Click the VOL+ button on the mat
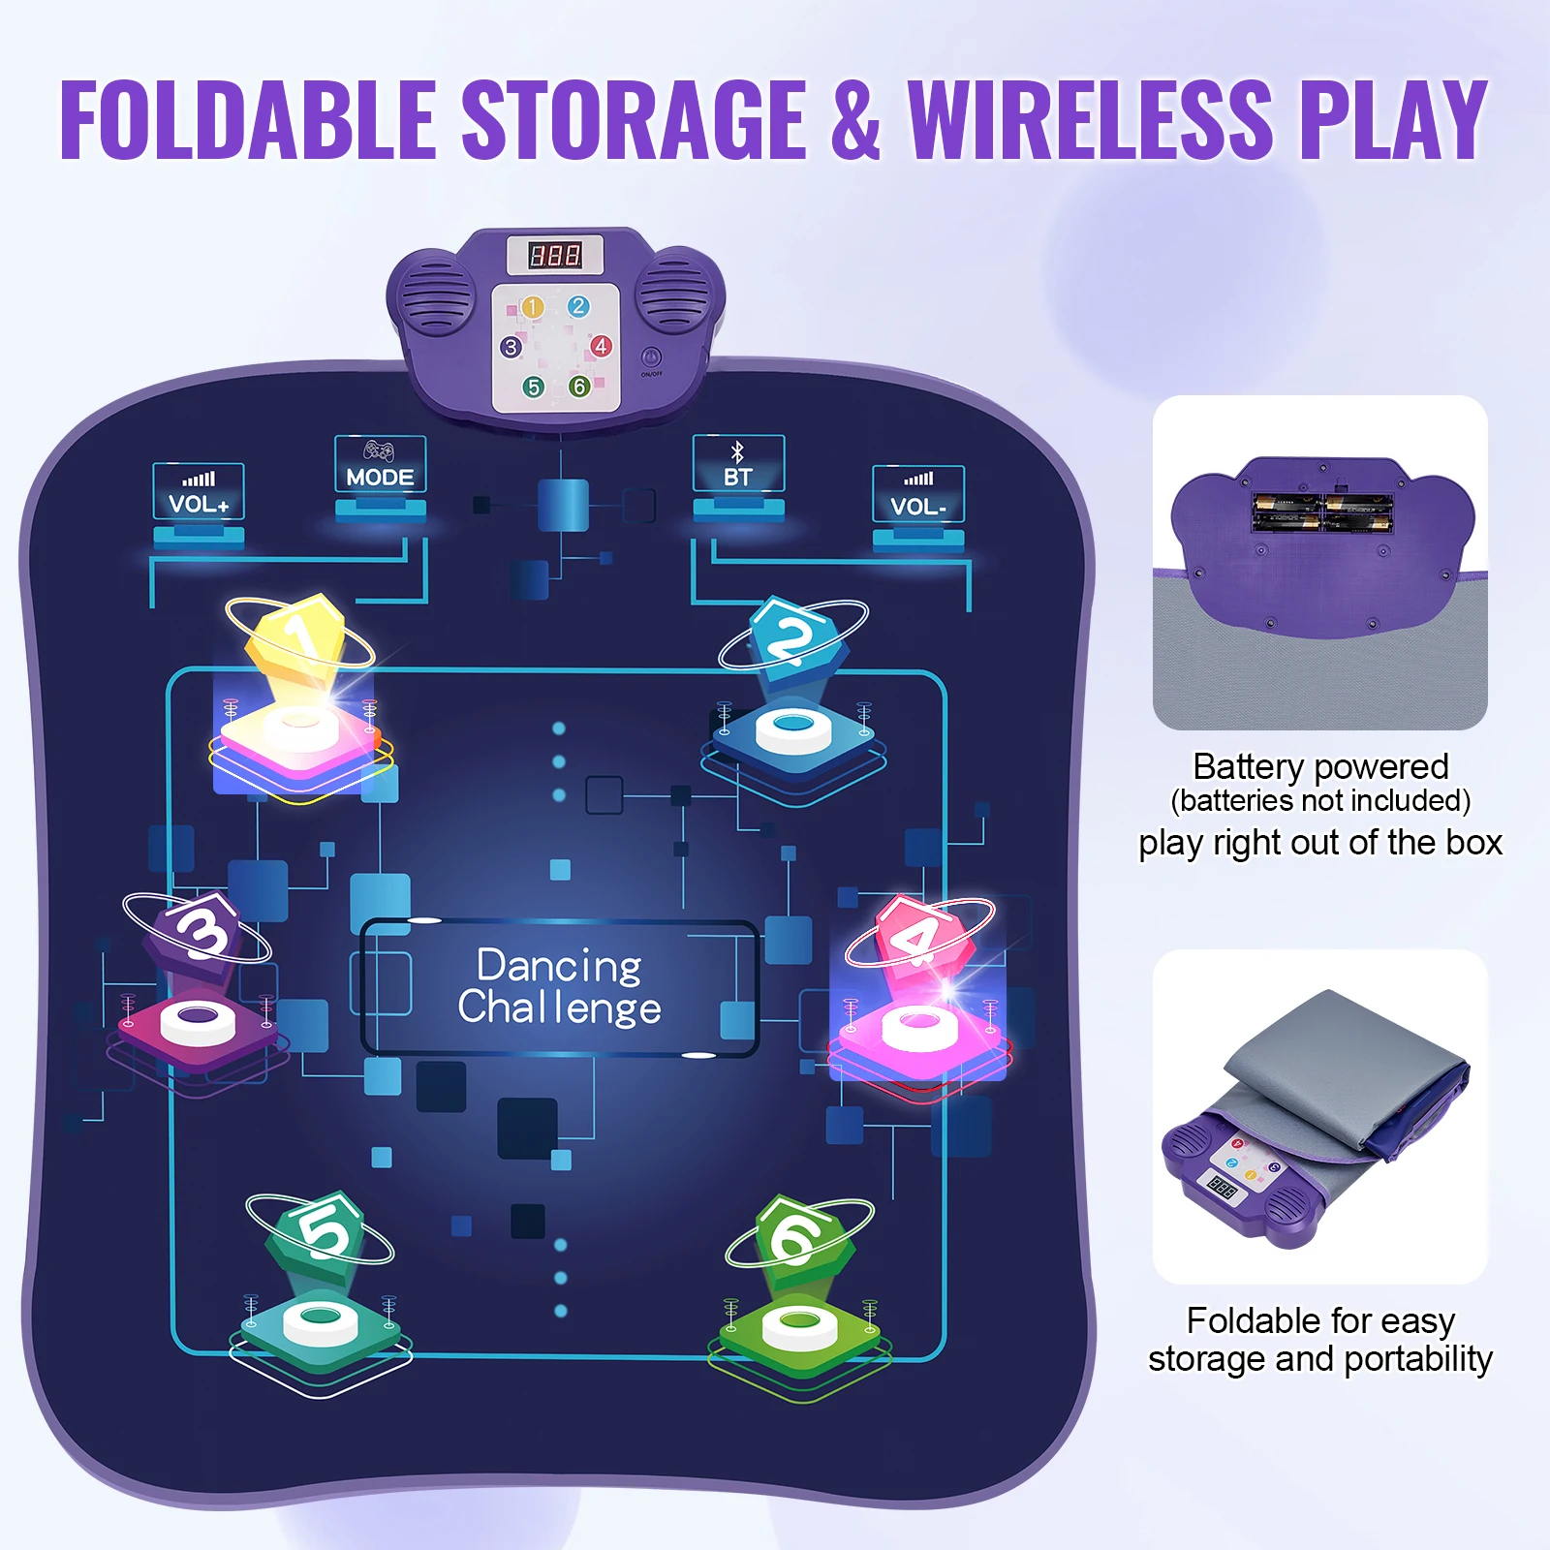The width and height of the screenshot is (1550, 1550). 199,492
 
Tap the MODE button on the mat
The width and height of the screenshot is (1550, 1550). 380,465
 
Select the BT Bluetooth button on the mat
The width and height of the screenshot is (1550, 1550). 738,465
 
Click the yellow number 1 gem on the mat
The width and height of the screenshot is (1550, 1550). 295,635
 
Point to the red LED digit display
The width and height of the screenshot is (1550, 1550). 555,255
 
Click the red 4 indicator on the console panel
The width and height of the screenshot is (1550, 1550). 601,346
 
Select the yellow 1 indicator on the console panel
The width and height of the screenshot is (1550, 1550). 532,307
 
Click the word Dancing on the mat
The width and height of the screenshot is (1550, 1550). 559,967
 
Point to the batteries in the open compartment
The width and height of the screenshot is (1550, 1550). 1322,511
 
